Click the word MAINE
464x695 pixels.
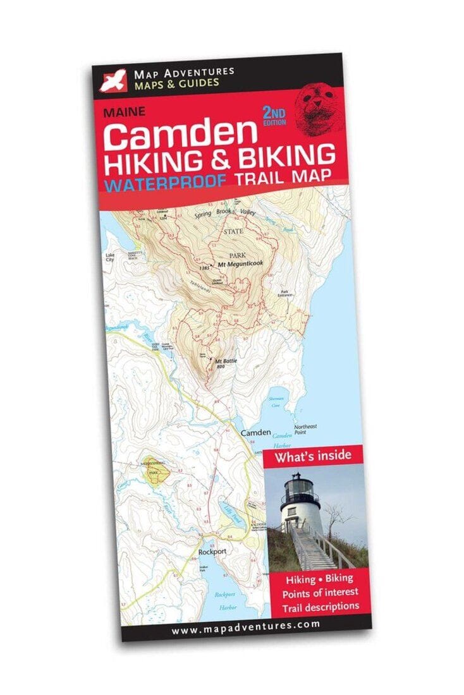pyautogui.click(x=125, y=112)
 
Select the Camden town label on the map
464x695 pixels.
pyautogui.click(x=256, y=433)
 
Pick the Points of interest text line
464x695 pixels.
pyautogui.click(x=321, y=591)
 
